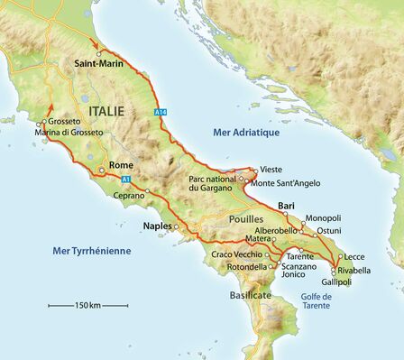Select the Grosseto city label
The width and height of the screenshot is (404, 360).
[x=65, y=121]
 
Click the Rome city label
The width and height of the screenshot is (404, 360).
[x=121, y=165]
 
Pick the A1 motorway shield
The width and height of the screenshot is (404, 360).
[x=126, y=179]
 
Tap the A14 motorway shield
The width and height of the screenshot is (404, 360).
[x=161, y=112]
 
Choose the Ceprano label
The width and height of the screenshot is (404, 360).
[x=129, y=195]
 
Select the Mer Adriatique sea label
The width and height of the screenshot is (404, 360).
[x=246, y=133]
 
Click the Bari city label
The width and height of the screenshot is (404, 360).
[x=287, y=206]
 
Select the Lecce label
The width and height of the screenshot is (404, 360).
[x=354, y=256]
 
